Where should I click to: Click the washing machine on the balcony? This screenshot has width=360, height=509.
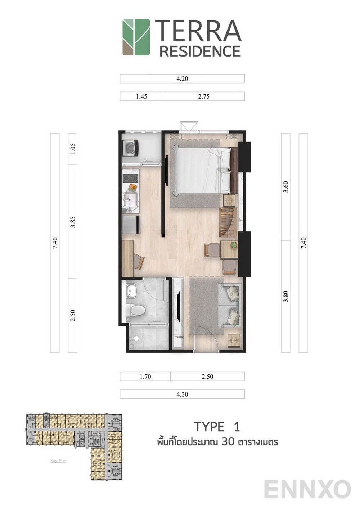click(x=131, y=148)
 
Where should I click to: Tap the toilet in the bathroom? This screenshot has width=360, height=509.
click(x=136, y=310)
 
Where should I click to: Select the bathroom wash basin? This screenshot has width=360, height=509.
click(x=131, y=291)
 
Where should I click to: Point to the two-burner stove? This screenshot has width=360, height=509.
click(x=130, y=178)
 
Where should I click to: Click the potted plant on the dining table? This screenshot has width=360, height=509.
click(x=234, y=245)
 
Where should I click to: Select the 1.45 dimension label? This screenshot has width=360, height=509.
click(x=141, y=96)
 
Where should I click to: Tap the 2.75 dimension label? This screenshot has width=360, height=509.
click(x=204, y=96)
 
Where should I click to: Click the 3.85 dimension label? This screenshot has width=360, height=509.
click(x=73, y=222)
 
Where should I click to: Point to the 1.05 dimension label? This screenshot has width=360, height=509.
click(x=73, y=149)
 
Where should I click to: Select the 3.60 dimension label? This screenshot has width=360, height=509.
click(x=286, y=187)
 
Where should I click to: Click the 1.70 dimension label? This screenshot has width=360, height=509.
click(x=145, y=377)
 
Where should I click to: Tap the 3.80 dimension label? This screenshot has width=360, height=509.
click(x=286, y=296)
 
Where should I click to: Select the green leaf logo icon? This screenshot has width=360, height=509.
click(x=136, y=37)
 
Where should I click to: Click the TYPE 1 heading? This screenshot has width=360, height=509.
click(x=217, y=427)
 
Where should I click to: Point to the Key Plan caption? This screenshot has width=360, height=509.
click(x=58, y=461)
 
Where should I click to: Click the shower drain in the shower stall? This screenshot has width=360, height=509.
click(x=136, y=338)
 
